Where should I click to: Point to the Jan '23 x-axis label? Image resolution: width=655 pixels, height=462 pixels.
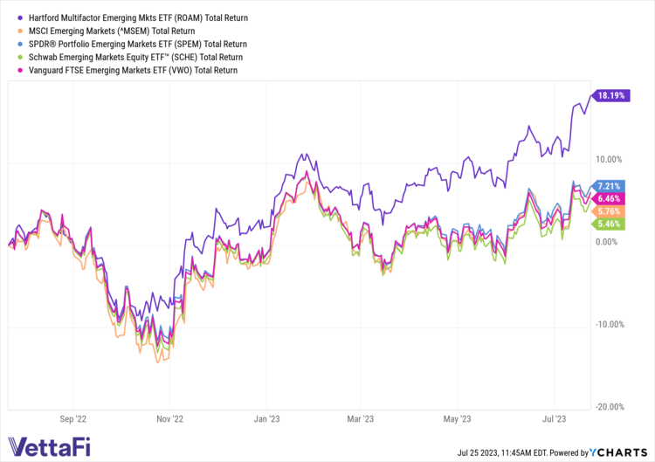click(x=267, y=419)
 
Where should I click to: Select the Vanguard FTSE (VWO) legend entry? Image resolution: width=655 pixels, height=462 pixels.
click(x=126, y=70)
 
